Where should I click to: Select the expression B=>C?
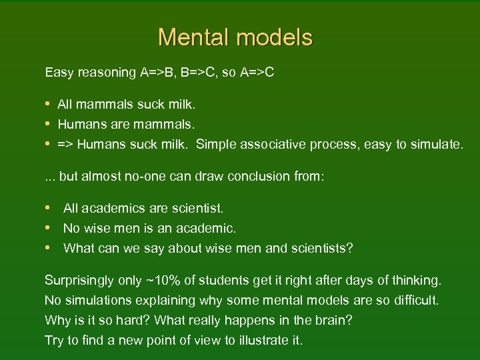coord(199,72)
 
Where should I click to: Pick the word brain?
coord(333,321)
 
